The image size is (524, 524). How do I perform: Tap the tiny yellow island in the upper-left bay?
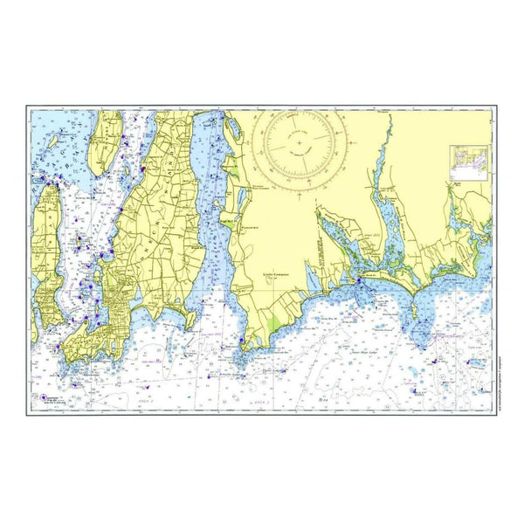pos(53,138)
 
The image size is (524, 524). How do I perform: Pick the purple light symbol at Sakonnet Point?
pos(240,356)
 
